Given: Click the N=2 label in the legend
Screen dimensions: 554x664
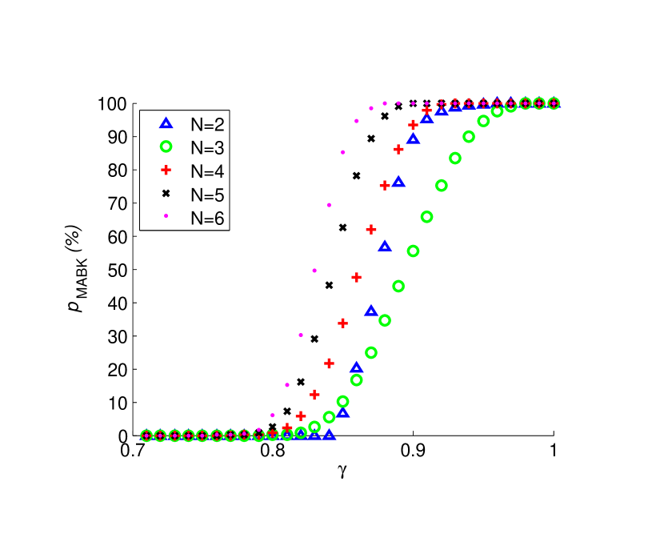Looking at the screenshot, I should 207,123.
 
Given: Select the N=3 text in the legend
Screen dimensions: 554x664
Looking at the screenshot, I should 207,147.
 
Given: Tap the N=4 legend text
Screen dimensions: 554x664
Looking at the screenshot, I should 207,171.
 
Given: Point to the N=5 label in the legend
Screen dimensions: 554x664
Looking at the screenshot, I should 207,195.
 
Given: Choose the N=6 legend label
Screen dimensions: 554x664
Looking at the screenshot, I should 207,218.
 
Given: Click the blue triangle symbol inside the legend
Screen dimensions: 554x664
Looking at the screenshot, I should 166,123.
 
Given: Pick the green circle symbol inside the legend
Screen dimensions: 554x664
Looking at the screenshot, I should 166,147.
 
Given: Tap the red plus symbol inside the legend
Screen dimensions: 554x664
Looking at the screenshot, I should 166,170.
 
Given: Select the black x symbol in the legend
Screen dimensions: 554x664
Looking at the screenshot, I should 166,194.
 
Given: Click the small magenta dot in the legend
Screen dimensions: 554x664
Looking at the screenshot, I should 166,215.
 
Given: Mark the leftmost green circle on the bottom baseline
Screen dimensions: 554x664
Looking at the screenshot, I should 146,436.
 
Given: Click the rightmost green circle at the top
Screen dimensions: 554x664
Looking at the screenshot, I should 553,103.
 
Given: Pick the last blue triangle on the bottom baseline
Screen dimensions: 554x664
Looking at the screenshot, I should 329,435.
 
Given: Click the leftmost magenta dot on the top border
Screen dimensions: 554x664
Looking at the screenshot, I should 385,103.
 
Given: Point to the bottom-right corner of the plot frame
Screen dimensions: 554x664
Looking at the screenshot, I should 553,436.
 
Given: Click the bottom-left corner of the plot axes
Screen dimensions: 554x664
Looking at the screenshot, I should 133,436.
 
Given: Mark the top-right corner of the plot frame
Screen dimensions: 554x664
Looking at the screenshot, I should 553,103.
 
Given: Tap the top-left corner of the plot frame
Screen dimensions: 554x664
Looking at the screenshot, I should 133,103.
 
